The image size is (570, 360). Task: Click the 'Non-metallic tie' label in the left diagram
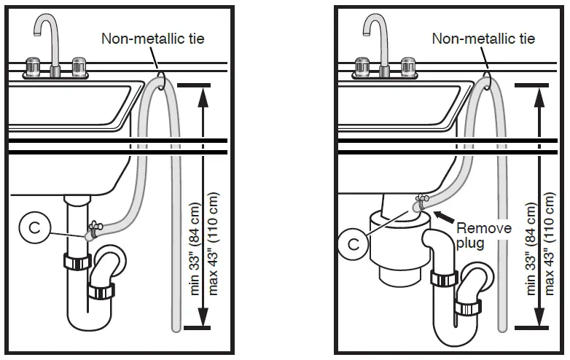152,38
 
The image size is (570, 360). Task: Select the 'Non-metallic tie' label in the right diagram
484,38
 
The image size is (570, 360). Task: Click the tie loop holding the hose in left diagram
160,74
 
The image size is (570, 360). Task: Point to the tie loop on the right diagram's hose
489,74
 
